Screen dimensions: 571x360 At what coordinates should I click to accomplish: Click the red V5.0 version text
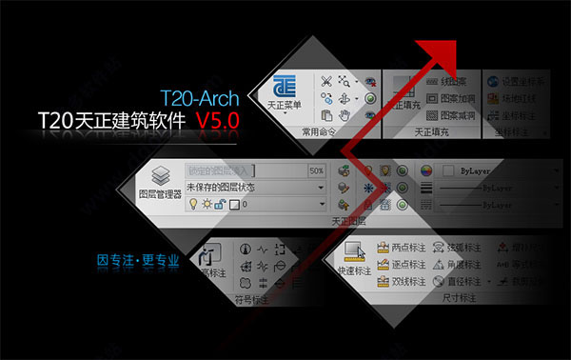pos(217,120)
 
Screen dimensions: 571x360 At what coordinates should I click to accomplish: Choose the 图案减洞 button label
pos(460,115)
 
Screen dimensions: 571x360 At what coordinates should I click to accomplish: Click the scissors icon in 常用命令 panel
pos(327,81)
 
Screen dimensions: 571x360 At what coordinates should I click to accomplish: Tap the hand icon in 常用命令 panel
pos(348,115)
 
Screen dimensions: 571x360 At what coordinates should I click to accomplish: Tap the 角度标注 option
pos(467,264)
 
